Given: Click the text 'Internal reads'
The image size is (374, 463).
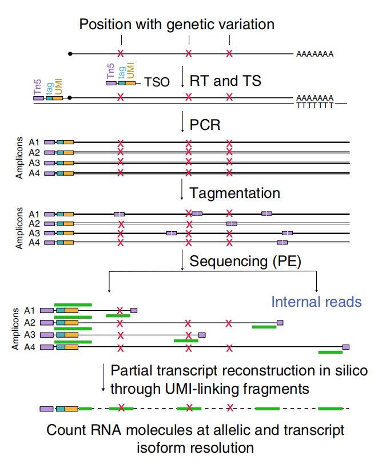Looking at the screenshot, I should [x=316, y=302].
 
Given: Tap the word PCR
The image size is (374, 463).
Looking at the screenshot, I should [x=205, y=124].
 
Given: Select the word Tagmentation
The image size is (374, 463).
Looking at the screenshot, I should [x=235, y=193].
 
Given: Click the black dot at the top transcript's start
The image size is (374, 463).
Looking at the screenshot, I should [x=70, y=54].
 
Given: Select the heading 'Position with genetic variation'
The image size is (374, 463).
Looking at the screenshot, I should [x=177, y=25].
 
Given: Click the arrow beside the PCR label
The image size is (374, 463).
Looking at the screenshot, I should [x=182, y=123].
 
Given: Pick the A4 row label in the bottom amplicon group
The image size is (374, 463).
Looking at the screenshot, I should [x=30, y=347].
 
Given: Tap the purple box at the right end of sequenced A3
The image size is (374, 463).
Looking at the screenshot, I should [x=202, y=335].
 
